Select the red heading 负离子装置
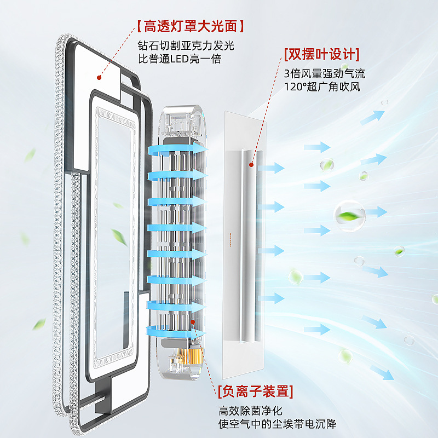coord(255,391)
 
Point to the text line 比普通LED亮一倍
coord(180,59)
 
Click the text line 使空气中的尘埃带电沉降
coord(277,424)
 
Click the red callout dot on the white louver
coord(252,163)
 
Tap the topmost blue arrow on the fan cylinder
coord(178,149)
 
